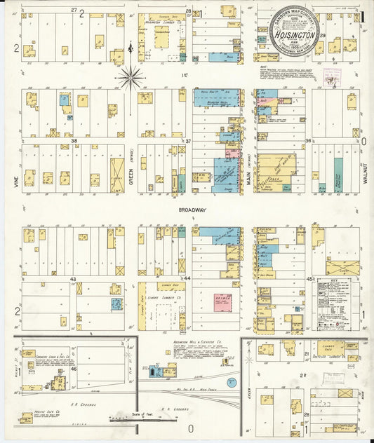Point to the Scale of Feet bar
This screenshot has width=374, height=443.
coord(140,419)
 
